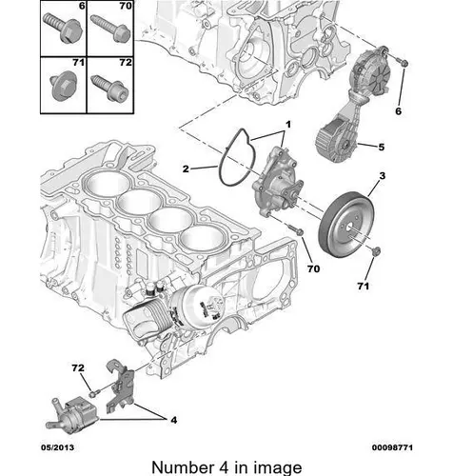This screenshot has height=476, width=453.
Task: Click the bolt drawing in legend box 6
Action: pyautogui.click(x=63, y=28)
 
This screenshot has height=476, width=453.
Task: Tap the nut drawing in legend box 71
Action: pyautogui.click(x=64, y=87)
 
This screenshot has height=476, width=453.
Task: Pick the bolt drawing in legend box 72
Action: pyautogui.click(x=109, y=88)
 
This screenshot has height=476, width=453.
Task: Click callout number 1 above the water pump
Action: pyautogui.click(x=288, y=124)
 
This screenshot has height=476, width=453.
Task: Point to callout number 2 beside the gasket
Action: pyautogui.click(x=186, y=169)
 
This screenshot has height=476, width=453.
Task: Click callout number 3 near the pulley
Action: pyautogui.click(x=382, y=175)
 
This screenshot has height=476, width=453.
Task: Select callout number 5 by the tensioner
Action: pyautogui.click(x=381, y=147)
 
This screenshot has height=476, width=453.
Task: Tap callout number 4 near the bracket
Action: pyautogui.click(x=173, y=420)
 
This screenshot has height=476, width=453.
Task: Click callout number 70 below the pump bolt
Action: pyautogui.click(x=313, y=268)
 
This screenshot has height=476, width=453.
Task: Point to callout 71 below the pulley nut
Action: pyautogui.click(x=364, y=287)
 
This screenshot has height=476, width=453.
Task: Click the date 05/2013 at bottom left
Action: pyautogui.click(x=57, y=447)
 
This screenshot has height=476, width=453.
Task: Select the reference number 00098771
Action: pyautogui.click(x=392, y=447)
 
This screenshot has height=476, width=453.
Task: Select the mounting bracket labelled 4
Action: pyautogui.click(x=120, y=385)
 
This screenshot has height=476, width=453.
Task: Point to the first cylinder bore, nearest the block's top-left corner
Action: pyautogui.click(x=108, y=183)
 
